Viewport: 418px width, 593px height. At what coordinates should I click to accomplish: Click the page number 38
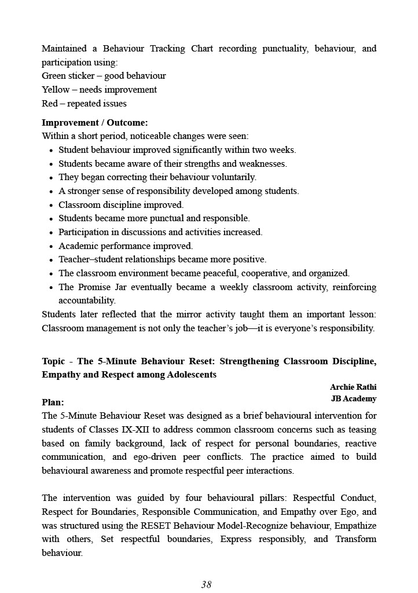pyautogui.click(x=206, y=584)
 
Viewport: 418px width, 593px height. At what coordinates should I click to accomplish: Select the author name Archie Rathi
pyautogui.click(x=353, y=387)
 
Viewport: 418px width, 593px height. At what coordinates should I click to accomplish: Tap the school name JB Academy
pyautogui.click(x=353, y=398)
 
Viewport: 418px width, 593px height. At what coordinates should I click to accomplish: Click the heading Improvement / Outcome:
pyautogui.click(x=94, y=123)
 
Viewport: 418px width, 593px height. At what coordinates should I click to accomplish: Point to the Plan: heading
pyautogui.click(x=53, y=402)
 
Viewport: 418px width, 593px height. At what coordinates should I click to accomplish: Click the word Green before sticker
pyautogui.click(x=54, y=76)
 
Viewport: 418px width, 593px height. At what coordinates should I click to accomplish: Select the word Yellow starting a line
pyautogui.click(x=56, y=90)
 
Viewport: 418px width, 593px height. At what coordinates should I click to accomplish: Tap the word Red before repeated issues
pyautogui.click(x=50, y=104)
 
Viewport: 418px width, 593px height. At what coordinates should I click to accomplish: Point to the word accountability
pyautogui.click(x=86, y=301)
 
